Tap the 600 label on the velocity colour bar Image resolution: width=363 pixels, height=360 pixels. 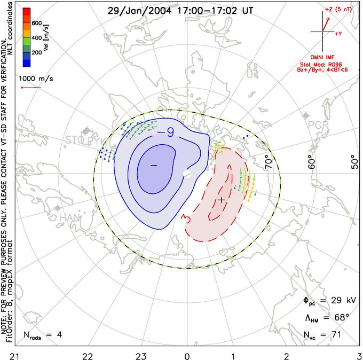click(x=36, y=23)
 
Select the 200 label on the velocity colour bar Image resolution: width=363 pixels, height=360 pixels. click(x=36, y=53)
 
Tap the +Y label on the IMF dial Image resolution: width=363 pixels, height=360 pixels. click(x=338, y=34)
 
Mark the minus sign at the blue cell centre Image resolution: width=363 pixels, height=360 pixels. click(x=154, y=166)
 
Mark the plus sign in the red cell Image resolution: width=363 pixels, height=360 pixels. click(x=222, y=200)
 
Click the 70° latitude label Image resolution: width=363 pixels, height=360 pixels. click(x=270, y=159)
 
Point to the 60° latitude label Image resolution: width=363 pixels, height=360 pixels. click(x=314, y=159)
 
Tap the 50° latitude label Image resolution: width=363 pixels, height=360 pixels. click(x=352, y=159)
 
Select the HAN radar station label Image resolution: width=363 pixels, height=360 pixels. click(x=69, y=217)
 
